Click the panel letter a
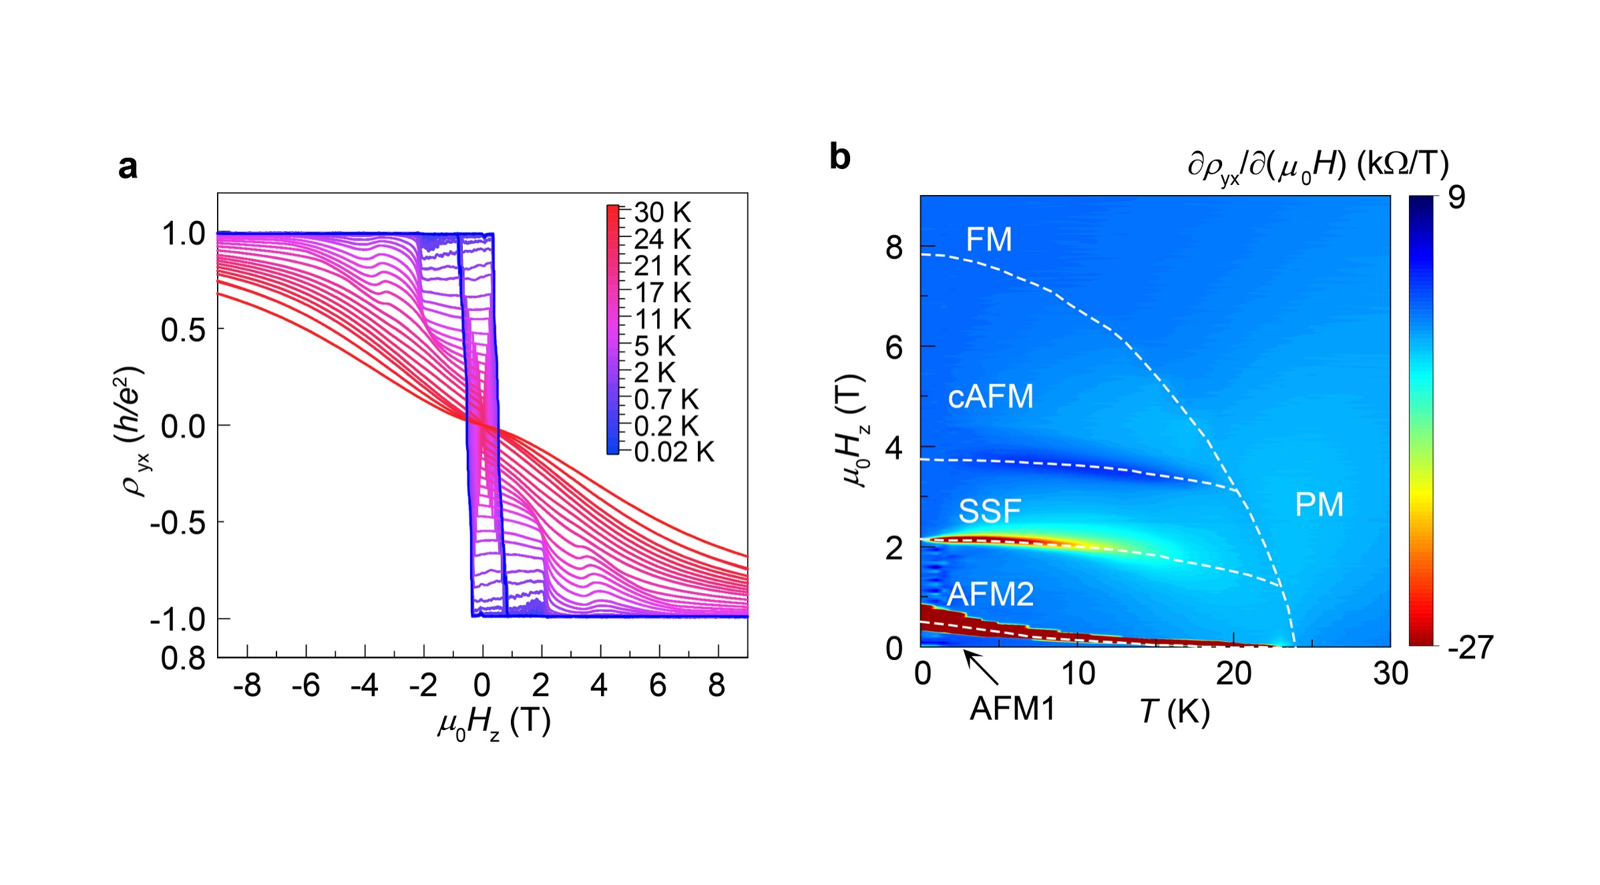(x=128, y=167)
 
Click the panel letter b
(x=839, y=157)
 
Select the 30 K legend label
(x=662, y=212)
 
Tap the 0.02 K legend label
(x=673, y=452)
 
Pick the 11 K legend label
(x=662, y=319)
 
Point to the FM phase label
(x=988, y=239)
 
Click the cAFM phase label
(x=990, y=396)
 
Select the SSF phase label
(x=989, y=511)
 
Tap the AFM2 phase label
(x=990, y=594)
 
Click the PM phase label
(x=1319, y=504)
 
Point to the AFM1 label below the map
(x=1012, y=709)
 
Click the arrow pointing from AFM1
(x=981, y=668)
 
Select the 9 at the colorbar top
(x=1456, y=197)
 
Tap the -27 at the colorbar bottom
(x=1470, y=647)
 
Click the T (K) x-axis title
(x=1175, y=711)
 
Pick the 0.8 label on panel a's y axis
(x=183, y=659)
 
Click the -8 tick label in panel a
(x=246, y=685)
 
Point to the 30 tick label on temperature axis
(x=1390, y=673)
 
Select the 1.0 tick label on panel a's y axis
(x=183, y=234)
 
